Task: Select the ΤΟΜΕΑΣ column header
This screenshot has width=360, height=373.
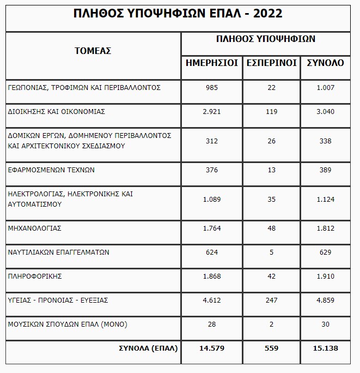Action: coord(93,51)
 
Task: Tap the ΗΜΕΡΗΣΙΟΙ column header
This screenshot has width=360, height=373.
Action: coord(212,63)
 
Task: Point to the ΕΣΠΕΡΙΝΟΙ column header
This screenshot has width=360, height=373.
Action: coord(272,63)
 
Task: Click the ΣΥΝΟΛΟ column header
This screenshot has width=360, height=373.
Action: coord(325,63)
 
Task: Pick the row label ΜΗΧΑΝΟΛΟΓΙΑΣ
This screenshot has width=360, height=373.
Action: coord(35,228)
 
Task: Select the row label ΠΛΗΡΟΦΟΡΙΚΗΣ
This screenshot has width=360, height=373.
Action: coord(35,276)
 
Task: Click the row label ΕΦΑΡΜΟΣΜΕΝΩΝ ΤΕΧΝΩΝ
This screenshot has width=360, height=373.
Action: coord(51,170)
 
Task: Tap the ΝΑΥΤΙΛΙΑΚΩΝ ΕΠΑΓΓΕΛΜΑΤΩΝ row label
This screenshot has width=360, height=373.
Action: coord(59,252)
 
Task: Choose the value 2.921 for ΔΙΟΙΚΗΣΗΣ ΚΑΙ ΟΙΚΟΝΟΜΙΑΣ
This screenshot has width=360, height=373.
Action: coord(212,111)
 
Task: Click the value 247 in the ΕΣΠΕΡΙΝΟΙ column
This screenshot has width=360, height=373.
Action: coord(272,300)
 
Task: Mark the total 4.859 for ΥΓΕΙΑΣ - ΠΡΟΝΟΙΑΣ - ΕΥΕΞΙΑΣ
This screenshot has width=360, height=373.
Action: coord(325,300)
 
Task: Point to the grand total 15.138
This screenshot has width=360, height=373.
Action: coord(325,347)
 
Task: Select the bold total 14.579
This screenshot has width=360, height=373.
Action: coord(212,347)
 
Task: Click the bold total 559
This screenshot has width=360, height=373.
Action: coord(272,347)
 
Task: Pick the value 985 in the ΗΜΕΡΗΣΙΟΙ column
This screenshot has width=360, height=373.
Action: coord(212,87)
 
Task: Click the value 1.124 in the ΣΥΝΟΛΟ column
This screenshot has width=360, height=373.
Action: coord(325,198)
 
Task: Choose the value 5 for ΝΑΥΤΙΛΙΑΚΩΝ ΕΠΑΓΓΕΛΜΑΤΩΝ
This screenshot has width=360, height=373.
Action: coord(272,252)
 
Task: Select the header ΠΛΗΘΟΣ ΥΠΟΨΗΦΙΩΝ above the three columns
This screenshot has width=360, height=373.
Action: coord(265,39)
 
